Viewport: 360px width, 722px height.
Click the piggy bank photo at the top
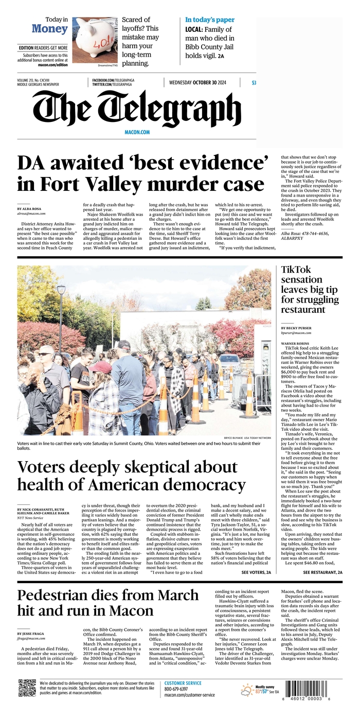click(94, 39)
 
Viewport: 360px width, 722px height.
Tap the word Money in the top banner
click(49, 29)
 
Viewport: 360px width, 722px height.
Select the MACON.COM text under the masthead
click(137, 132)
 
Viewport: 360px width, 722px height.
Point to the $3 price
click(254, 83)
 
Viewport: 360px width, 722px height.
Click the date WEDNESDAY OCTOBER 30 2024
click(197, 83)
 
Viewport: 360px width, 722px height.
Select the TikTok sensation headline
click(310, 289)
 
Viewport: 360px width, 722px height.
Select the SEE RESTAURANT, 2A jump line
click(322, 572)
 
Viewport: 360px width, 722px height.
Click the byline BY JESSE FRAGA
click(32, 633)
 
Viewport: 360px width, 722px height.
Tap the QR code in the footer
click(27, 688)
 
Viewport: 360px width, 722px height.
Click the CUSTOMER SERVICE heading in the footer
click(183, 683)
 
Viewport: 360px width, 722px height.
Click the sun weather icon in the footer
click(247, 690)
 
